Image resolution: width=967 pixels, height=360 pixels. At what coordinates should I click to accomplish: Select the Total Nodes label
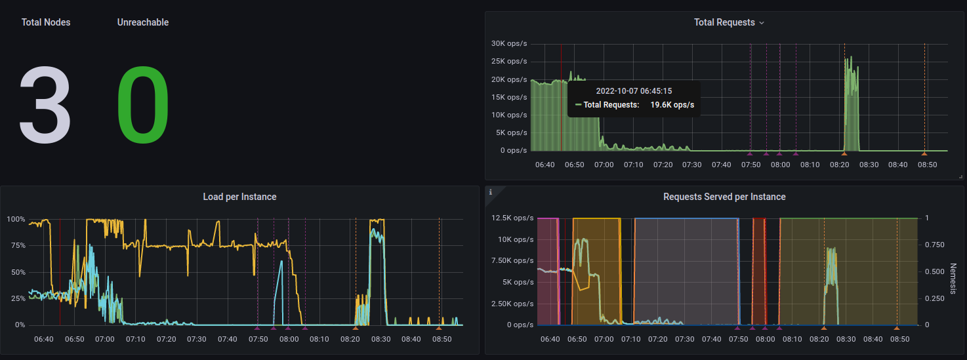pyautogui.click(x=46, y=22)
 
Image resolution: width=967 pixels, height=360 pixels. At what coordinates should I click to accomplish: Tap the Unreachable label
pyautogui.click(x=143, y=22)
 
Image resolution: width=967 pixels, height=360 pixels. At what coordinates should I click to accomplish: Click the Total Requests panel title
pyautogui.click(x=724, y=22)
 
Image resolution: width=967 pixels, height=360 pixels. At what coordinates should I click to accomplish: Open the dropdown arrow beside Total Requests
pyautogui.click(x=762, y=23)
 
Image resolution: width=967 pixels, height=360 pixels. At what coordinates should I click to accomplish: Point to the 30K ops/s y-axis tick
pyautogui.click(x=508, y=44)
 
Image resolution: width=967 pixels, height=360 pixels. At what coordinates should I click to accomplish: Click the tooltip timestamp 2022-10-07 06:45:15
pyautogui.click(x=634, y=91)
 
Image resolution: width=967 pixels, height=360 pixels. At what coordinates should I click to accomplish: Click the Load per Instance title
pyautogui.click(x=239, y=197)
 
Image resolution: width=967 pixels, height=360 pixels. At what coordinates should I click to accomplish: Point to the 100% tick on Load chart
pyautogui.click(x=16, y=219)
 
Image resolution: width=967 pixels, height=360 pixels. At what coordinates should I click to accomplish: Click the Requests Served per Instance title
pyautogui.click(x=724, y=197)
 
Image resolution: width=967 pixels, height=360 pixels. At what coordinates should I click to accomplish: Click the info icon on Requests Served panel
pyautogui.click(x=490, y=191)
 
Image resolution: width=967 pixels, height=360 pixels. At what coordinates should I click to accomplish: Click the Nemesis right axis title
pyautogui.click(x=953, y=279)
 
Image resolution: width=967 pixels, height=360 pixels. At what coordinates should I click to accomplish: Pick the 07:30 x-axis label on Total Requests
pyautogui.click(x=692, y=165)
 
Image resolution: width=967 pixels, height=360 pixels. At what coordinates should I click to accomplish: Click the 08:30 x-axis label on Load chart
pyautogui.click(x=381, y=339)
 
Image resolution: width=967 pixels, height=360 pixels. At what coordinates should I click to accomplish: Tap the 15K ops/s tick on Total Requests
pyautogui.click(x=508, y=97)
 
